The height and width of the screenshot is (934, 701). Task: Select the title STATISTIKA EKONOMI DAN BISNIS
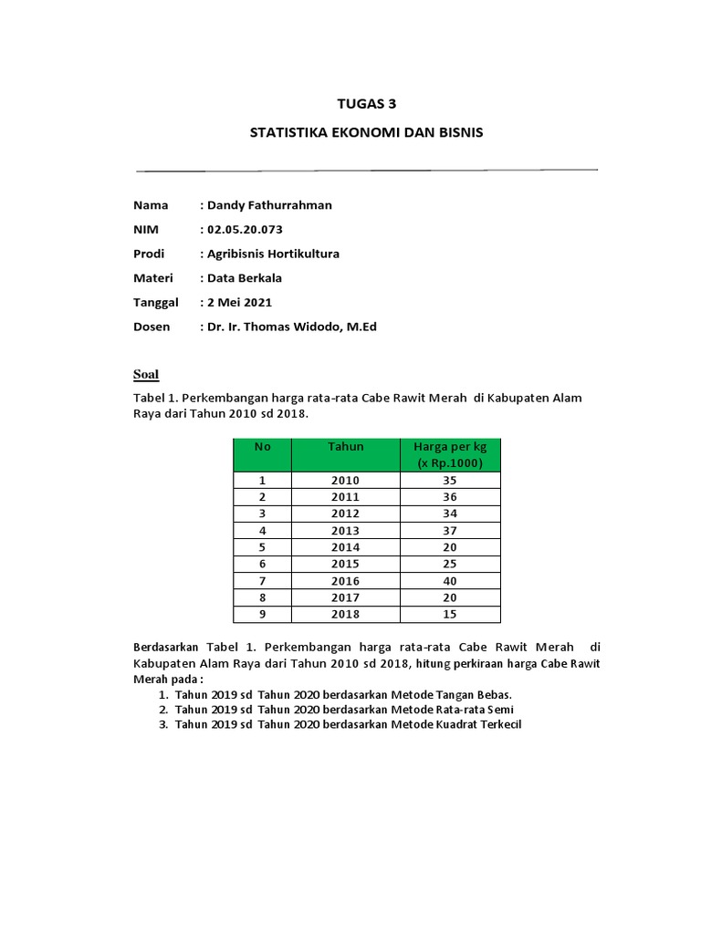click(x=366, y=133)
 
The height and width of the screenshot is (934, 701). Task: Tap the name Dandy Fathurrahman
click(x=269, y=205)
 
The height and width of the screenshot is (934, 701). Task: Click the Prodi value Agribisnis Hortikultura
click(x=273, y=254)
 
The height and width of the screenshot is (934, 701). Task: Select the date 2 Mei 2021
click(x=239, y=302)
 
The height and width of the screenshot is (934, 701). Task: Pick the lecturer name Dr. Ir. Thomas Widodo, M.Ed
click(x=291, y=327)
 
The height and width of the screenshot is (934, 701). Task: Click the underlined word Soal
click(x=146, y=374)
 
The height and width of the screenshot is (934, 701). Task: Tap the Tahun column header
click(x=346, y=446)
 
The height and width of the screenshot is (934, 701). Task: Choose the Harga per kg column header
click(x=450, y=454)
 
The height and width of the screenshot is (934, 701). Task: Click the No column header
click(x=263, y=446)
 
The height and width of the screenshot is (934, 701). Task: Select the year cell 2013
click(x=346, y=531)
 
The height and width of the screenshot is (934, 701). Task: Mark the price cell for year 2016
click(x=450, y=581)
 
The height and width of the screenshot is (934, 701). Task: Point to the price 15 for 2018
click(x=450, y=615)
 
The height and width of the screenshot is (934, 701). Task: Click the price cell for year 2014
click(x=450, y=547)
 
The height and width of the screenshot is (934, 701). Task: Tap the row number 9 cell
click(x=262, y=615)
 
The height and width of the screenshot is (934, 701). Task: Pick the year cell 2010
click(x=346, y=481)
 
